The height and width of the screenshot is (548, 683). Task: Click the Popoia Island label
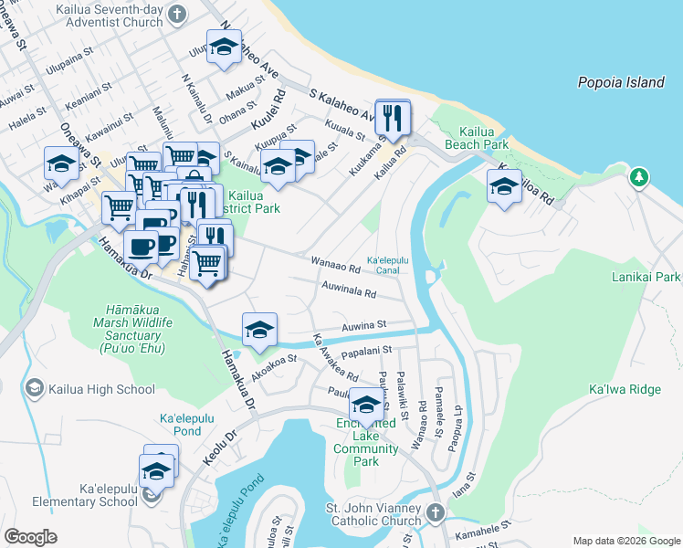(x=621, y=82)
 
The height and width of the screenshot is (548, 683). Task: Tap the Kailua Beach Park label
(x=476, y=138)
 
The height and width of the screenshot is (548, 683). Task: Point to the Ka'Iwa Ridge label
(x=625, y=390)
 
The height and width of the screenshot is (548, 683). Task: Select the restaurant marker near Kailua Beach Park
(x=393, y=119)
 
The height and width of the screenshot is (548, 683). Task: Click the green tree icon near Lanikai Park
(x=641, y=175)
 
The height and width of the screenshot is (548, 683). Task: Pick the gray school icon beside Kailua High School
(x=35, y=389)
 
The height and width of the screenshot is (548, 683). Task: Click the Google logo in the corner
(x=30, y=537)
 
